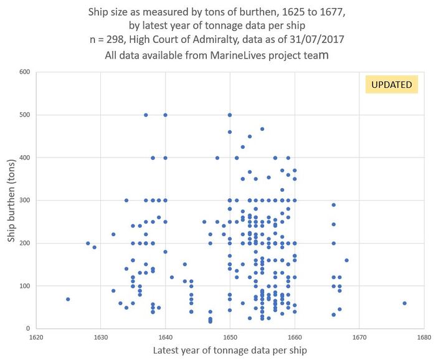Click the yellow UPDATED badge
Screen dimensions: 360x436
[392, 85]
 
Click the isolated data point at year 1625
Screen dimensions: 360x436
[68, 299]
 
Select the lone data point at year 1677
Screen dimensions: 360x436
[404, 303]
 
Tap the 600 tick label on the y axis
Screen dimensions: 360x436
[24, 72]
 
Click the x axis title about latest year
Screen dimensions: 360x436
[230, 351]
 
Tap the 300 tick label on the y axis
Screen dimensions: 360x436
[24, 201]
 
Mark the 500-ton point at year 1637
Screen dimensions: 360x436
[146, 115]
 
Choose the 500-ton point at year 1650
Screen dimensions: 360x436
[230, 115]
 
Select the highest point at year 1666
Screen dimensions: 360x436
[334, 205]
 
